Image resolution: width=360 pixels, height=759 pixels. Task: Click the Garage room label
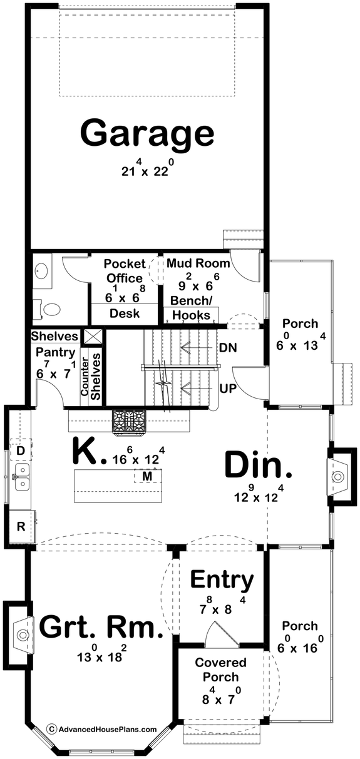pos(147,133)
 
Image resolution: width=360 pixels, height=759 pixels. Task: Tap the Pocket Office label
pos(125,270)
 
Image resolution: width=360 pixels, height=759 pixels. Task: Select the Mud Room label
pos(198,263)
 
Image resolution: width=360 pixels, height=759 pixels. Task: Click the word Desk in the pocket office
pos(125,313)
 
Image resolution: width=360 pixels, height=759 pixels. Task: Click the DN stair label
pos(228,347)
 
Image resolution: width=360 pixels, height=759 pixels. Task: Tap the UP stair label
pos(228,389)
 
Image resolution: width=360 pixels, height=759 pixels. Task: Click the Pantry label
pos(56,352)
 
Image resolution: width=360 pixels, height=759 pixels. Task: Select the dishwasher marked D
pos(20,451)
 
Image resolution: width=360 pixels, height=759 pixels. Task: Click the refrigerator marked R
pos(20,526)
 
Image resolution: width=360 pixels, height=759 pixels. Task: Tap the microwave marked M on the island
pos(148,477)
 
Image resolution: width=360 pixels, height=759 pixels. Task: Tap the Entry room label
pos(222,580)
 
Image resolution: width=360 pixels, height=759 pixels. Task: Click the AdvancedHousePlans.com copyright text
pos(103,729)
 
